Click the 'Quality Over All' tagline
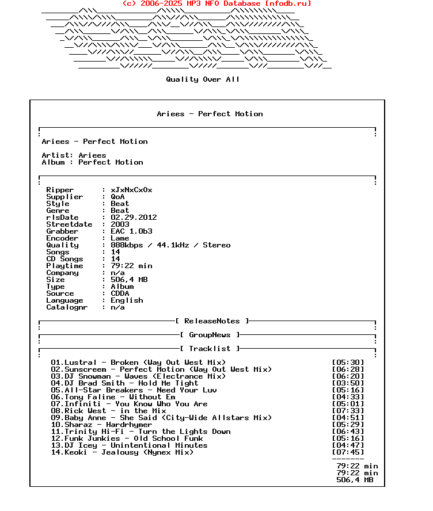203,79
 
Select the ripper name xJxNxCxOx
131,190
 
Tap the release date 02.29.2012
134,218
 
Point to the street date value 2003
120,224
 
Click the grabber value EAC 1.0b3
131,231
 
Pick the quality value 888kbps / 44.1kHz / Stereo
170,245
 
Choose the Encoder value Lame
120,238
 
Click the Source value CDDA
120,293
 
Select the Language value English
127,300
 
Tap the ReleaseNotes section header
212,321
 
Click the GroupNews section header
210,335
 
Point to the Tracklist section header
210,349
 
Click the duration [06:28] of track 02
348,369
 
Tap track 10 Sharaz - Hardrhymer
101,425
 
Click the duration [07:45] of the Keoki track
348,452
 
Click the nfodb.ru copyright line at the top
216,3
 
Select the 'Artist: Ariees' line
74,155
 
